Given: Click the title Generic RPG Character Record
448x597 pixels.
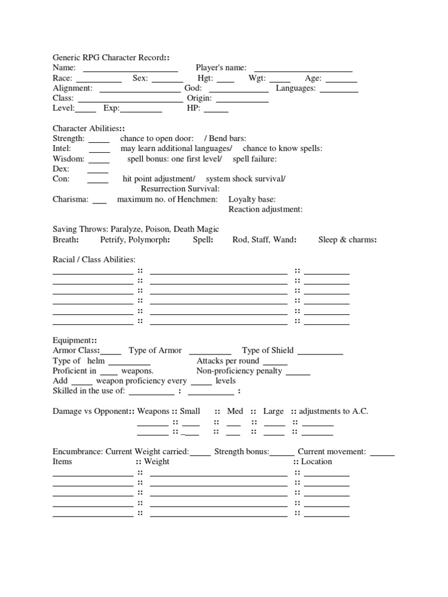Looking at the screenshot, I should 108,58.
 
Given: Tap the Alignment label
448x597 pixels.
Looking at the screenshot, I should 72,88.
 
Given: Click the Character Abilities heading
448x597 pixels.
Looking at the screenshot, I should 87,128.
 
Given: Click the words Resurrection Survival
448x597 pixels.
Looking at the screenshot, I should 180,189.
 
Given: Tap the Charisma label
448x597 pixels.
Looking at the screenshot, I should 71,199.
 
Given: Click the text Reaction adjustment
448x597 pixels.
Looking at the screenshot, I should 265,209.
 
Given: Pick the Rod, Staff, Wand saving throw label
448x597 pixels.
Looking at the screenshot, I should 264,240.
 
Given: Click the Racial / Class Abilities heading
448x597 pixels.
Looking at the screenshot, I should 94,259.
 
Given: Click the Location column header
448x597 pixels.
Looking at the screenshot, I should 316,461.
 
